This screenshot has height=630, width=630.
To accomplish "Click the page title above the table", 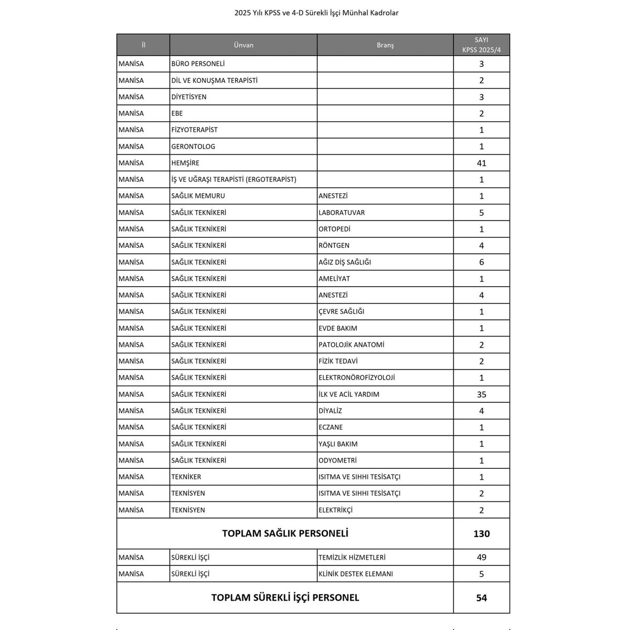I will coord(317,13).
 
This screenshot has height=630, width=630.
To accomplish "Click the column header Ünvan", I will coord(243,45).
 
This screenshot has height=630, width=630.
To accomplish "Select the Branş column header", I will coord(385,45).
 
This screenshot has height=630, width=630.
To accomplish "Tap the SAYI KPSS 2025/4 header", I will coord(481,45).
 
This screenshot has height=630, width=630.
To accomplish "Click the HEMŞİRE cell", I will coord(185,163).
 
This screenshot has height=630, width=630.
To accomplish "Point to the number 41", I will coord(481,163).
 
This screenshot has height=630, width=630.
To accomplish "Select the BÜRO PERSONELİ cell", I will coord(198,64).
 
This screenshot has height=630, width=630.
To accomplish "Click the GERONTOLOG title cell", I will coord(193,146).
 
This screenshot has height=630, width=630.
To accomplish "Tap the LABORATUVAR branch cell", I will coord(341,213).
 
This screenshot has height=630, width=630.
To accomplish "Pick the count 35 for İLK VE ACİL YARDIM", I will coord(481,394).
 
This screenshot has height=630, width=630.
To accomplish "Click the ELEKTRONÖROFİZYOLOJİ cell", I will coord(356,377).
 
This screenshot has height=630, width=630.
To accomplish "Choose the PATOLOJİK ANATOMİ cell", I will coord(351,345).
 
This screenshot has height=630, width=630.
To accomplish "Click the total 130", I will coord(481,534).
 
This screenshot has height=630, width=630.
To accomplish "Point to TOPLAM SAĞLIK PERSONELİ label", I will coord(285,534).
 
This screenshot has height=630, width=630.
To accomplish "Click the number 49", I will coord(481,558).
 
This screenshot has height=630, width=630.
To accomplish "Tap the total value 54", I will coord(481,597).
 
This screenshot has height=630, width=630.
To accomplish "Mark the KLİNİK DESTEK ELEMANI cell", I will coord(355,574).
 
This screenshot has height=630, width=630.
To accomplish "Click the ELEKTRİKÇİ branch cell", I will coord(335,510).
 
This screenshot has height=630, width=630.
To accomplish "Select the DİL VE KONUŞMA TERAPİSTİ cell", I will coord(214,80).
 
